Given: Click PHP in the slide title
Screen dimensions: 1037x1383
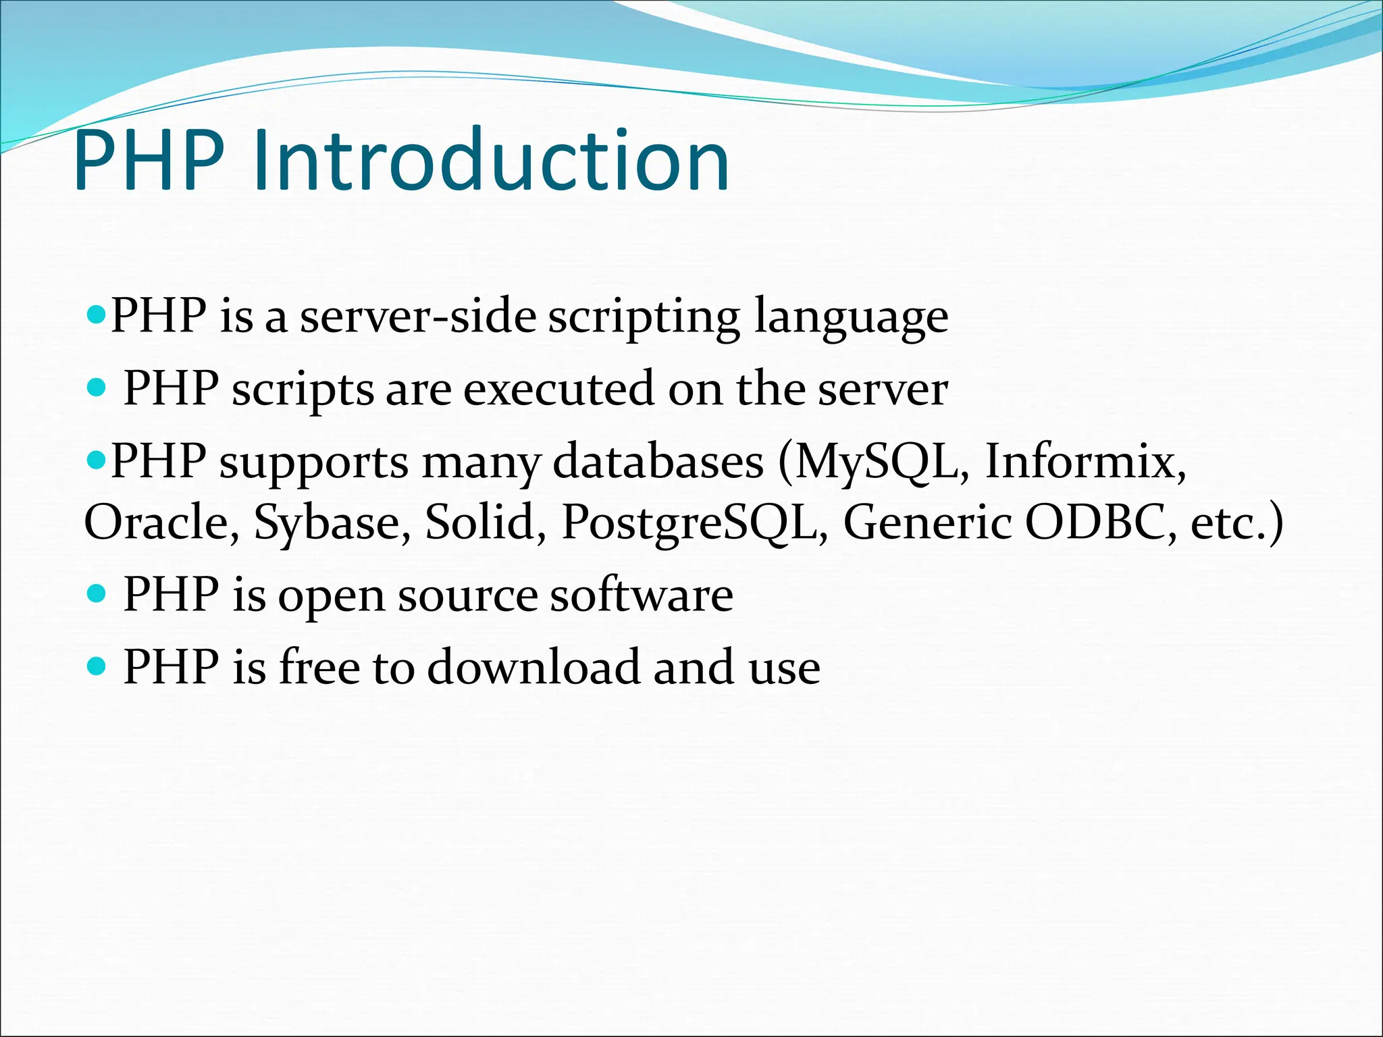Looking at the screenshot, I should click(149, 162).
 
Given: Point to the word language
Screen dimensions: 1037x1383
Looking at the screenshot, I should click(851, 317).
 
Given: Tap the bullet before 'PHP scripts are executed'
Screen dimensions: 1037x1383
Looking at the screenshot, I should click(97, 388).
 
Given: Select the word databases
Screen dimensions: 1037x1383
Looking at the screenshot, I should click(658, 462).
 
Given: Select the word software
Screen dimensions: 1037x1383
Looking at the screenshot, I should click(642, 595).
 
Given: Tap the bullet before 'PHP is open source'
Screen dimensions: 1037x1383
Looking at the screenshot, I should click(97, 594).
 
